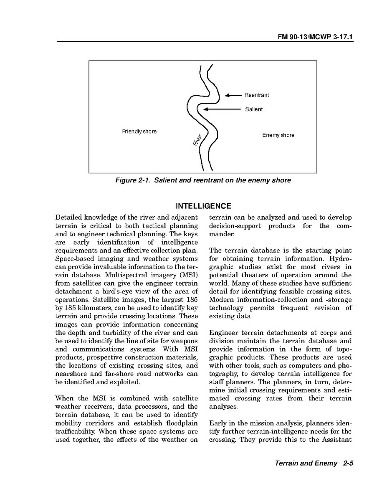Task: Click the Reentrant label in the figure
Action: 257,95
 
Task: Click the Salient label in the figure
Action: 254,109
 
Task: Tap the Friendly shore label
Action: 139,132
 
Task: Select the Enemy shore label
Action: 278,135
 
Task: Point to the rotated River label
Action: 198,140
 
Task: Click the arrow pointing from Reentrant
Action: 233,95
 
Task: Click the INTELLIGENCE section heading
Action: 203,206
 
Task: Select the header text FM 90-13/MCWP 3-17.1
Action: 316,37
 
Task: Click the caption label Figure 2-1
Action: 130,180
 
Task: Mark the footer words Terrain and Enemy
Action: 306,463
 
